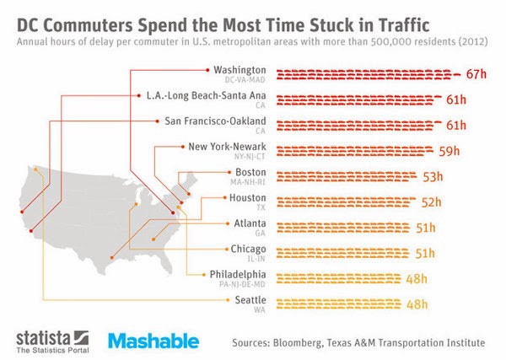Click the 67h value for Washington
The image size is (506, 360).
(x=477, y=74)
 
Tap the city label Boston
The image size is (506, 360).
(x=251, y=173)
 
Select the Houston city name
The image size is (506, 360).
(x=248, y=198)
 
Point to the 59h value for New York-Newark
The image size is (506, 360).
(x=449, y=152)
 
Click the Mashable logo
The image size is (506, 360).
(x=153, y=341)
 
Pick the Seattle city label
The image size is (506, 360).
(x=250, y=300)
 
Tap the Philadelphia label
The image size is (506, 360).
(x=240, y=275)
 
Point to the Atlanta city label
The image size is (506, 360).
(x=250, y=223)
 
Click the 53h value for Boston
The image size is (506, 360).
(x=433, y=177)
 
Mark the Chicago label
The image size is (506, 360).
(x=249, y=250)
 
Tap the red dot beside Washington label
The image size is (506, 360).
(x=207, y=69)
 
